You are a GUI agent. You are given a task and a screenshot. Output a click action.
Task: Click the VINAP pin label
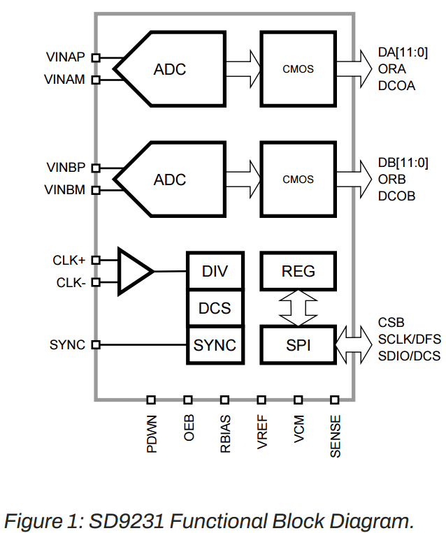click(66, 57)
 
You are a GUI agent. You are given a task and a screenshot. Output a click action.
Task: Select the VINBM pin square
click(96, 190)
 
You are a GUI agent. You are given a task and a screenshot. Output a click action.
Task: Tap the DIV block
click(215, 271)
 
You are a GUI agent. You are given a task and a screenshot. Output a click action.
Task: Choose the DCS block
click(215, 308)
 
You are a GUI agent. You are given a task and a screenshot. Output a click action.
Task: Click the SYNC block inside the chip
click(215, 344)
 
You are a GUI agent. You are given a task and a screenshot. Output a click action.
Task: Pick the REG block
click(298, 271)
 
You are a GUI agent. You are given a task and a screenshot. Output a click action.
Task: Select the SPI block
click(298, 344)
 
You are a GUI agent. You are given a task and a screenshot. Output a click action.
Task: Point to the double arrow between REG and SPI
click(298, 308)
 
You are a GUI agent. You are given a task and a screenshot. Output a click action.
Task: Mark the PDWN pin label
click(152, 434)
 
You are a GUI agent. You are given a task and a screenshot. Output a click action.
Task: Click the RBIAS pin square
click(225, 400)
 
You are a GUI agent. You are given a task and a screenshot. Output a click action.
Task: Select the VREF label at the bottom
click(262, 434)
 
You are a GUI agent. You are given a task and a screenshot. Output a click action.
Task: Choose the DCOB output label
click(396, 196)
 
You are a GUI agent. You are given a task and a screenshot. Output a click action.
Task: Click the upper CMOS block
click(298, 68)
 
